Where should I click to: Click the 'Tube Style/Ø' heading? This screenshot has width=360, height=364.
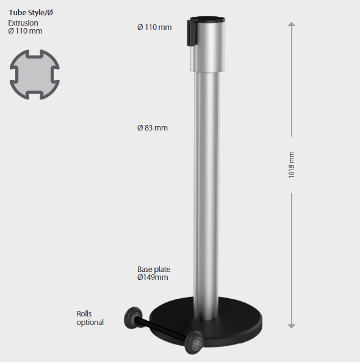pyautogui.click(x=31, y=13)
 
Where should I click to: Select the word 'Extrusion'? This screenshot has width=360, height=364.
pyautogui.click(x=23, y=23)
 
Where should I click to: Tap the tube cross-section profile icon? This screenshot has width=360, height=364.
pyautogui.click(x=35, y=74)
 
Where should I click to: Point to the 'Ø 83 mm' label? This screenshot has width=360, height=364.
pyautogui.click(x=153, y=128)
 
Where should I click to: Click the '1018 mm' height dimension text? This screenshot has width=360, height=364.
pyautogui.click(x=291, y=165)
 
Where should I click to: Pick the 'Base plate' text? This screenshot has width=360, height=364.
pyautogui.click(x=154, y=269)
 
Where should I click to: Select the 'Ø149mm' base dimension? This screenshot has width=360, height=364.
pyautogui.click(x=153, y=277)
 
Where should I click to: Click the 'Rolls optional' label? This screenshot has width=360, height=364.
pyautogui.click(x=90, y=318)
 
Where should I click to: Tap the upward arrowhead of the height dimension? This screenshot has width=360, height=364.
pyautogui.click(x=292, y=24)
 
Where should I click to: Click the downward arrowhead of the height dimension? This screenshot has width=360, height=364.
pyautogui.click(x=292, y=326)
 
